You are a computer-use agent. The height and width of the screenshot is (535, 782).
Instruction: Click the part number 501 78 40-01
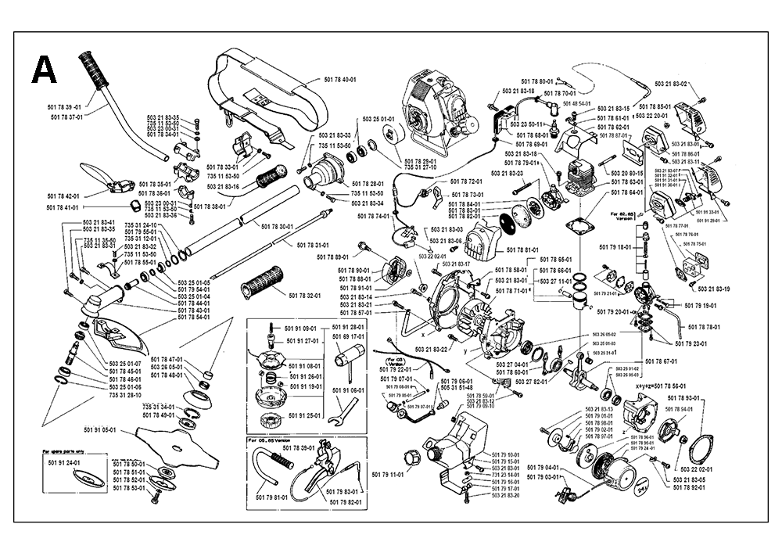(x=339, y=80)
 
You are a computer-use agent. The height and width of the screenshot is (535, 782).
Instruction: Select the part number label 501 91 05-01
(x=99, y=429)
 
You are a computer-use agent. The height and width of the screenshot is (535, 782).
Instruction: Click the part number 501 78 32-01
(x=306, y=295)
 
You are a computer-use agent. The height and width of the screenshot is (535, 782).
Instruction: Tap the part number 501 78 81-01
(x=522, y=250)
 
